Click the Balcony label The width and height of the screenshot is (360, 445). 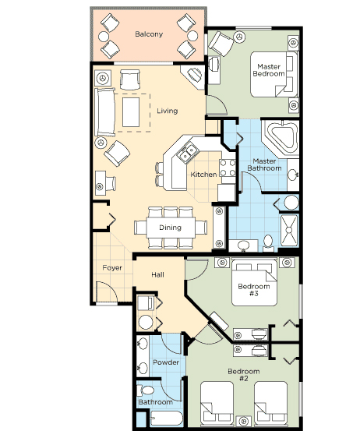(x=149, y=34)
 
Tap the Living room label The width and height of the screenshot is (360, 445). (x=168, y=111)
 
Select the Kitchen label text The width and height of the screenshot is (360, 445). (x=203, y=175)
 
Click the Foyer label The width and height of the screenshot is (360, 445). (x=112, y=268)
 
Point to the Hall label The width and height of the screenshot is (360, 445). (x=157, y=275)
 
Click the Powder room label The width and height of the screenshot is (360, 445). (x=166, y=362)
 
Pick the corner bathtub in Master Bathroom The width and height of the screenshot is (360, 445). (x=281, y=138)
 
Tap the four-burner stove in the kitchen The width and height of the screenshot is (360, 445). (x=228, y=168)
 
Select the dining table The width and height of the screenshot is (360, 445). (x=171, y=228)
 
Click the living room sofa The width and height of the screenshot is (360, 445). (x=104, y=112)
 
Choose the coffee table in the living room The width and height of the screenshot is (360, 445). (x=131, y=112)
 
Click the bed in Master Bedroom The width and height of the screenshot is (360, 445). (x=274, y=74)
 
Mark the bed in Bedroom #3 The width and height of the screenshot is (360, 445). (x=254, y=282)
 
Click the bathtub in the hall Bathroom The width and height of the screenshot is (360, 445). (x=166, y=418)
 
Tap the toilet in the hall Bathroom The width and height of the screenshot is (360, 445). (x=145, y=390)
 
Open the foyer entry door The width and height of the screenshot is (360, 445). (x=108, y=291)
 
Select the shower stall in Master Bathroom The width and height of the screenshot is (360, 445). (x=289, y=230)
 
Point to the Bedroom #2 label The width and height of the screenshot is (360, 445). (x=244, y=375)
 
